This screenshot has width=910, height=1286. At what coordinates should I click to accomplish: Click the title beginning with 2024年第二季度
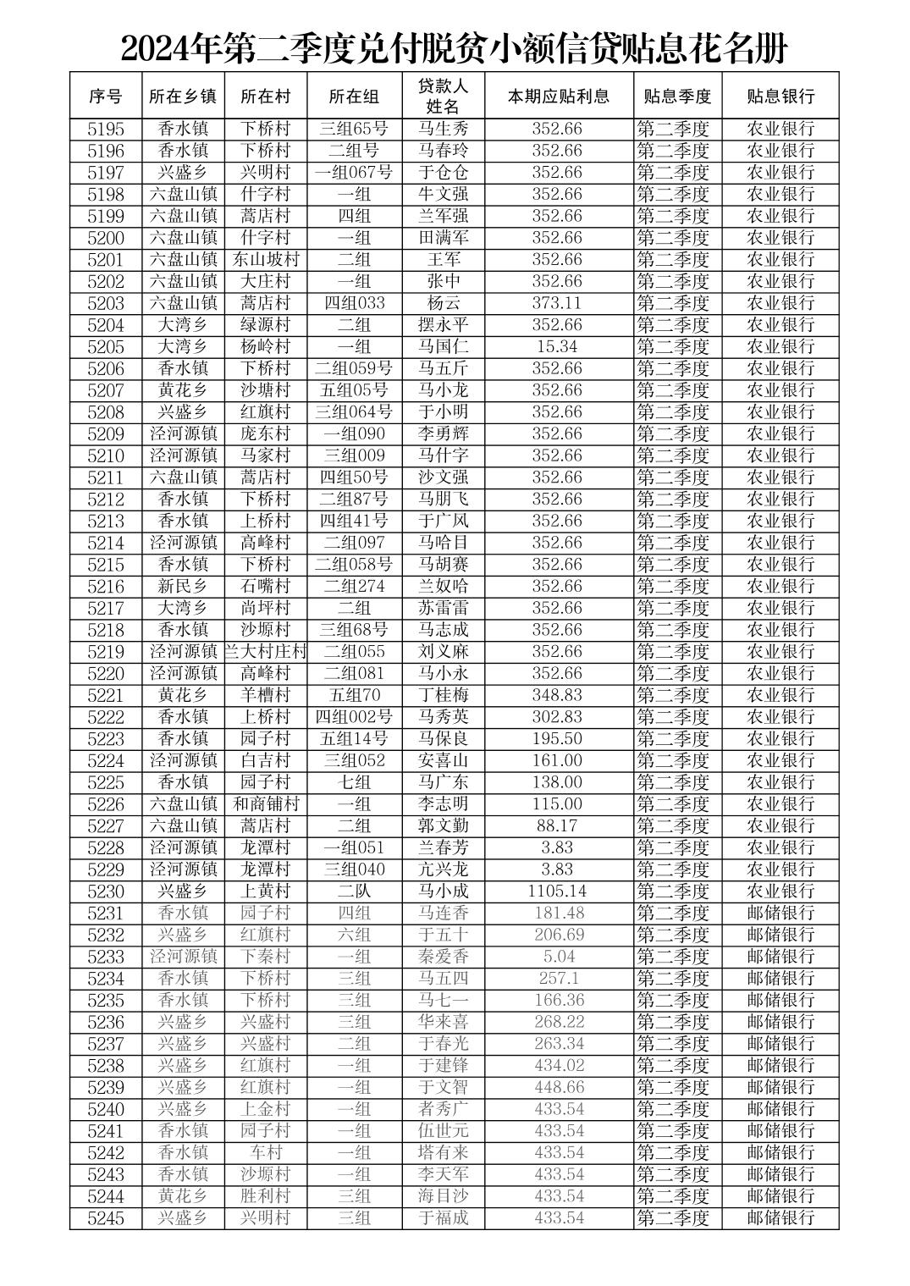(x=454, y=48)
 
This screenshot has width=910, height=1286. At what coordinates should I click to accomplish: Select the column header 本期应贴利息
(x=558, y=96)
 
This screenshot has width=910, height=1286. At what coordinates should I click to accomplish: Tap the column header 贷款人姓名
(x=443, y=96)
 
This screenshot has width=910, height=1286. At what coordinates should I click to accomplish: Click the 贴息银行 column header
(x=780, y=96)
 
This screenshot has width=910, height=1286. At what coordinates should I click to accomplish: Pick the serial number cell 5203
(x=106, y=303)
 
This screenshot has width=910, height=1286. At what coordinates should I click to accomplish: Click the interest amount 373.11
(x=557, y=303)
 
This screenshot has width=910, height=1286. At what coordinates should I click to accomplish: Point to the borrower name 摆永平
(x=443, y=325)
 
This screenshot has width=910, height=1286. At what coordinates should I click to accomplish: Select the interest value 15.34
(x=557, y=346)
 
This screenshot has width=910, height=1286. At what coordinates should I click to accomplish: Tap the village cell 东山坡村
(x=266, y=259)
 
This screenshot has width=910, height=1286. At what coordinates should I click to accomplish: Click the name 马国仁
(x=443, y=346)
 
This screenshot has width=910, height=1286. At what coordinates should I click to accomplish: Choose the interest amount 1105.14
(x=557, y=891)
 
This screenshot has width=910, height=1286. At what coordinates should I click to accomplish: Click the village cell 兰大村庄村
(x=266, y=651)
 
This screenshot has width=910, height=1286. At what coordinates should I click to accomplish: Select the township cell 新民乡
(x=183, y=586)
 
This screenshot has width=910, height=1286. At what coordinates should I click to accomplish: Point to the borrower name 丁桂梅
(x=443, y=695)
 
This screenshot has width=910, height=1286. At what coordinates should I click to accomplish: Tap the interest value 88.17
(x=557, y=825)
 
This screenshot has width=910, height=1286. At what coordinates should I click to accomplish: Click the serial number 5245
(x=106, y=1217)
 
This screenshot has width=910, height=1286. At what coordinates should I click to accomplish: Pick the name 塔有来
(x=443, y=1152)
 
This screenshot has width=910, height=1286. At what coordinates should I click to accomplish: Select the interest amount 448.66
(x=559, y=1087)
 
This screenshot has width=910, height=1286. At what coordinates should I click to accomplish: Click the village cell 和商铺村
(x=266, y=803)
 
